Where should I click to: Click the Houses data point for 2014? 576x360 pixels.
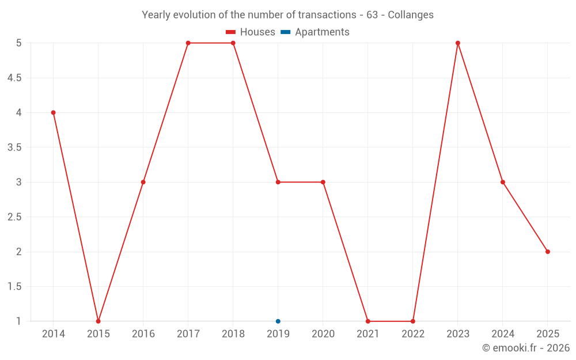pyautogui.click(x=53, y=112)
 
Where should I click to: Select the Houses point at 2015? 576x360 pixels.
pyautogui.click(x=98, y=321)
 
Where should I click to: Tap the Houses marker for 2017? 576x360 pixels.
pyautogui.click(x=188, y=43)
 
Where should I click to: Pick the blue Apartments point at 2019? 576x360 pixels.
pyautogui.click(x=278, y=321)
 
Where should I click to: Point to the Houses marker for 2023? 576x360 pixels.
pyautogui.click(x=458, y=43)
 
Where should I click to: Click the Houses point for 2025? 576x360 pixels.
pyautogui.click(x=548, y=252)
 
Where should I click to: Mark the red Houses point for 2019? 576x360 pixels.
pyautogui.click(x=278, y=182)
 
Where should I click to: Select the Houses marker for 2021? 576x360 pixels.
pyautogui.click(x=368, y=321)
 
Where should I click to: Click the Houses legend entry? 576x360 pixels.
pyautogui.click(x=251, y=32)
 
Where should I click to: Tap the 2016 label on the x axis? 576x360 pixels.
pyautogui.click(x=143, y=334)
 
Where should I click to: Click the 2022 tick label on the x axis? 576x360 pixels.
pyautogui.click(x=413, y=334)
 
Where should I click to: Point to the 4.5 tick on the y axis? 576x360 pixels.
pyautogui.click(x=15, y=78)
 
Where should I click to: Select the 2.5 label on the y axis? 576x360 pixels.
pyautogui.click(x=15, y=217)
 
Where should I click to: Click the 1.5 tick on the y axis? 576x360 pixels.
pyautogui.click(x=15, y=286)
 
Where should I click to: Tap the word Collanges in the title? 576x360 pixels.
pyautogui.click(x=411, y=15)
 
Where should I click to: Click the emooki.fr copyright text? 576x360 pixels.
pyautogui.click(x=526, y=348)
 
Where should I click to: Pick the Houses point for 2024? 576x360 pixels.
pyautogui.click(x=503, y=182)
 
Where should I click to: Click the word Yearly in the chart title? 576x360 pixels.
pyautogui.click(x=157, y=15)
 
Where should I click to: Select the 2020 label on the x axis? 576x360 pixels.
pyautogui.click(x=323, y=334)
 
